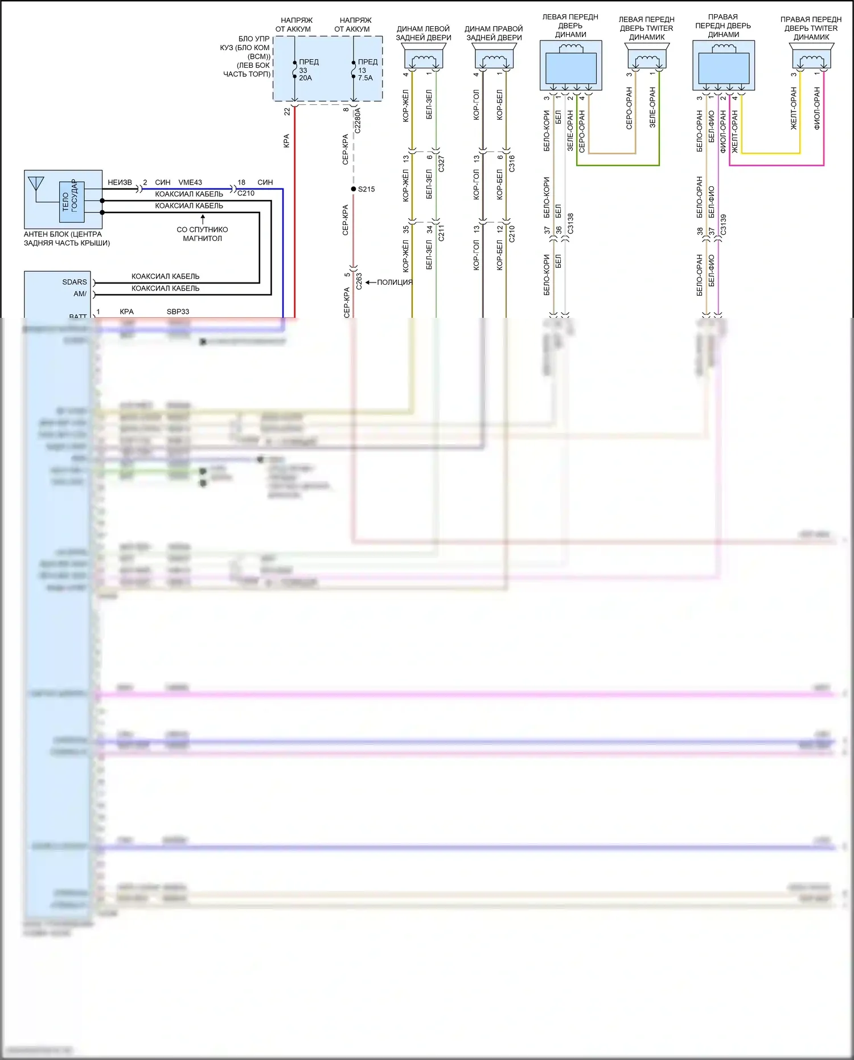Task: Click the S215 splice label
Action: tap(366, 189)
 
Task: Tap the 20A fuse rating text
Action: tap(306, 78)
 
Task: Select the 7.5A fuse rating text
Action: tap(365, 78)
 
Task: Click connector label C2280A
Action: tap(358, 121)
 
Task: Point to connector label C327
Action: tap(441, 164)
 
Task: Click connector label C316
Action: tap(512, 164)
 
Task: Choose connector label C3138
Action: tap(570, 224)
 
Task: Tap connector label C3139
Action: tap(724, 224)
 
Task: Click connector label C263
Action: tap(359, 281)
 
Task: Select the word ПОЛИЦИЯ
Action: tap(395, 283)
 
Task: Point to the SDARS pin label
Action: tap(75, 282)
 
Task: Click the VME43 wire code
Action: tap(190, 182)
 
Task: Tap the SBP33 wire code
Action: tap(178, 312)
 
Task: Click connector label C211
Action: tap(441, 232)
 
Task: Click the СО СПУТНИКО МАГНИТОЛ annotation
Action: tap(202, 234)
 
